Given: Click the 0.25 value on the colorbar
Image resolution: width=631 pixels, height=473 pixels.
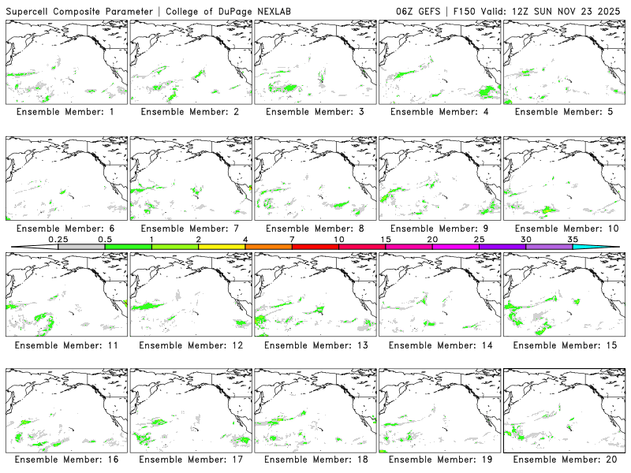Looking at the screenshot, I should [58, 239].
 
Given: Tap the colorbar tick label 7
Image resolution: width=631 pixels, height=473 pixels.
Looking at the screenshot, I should [292, 239].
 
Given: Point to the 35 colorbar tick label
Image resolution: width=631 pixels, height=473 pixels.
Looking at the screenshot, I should [573, 239].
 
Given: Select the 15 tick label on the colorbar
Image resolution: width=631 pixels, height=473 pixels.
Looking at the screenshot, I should [386, 239].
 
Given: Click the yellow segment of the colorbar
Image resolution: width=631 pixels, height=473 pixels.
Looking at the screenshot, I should [222, 247].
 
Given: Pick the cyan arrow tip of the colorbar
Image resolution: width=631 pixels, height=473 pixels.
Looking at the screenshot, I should [607, 247].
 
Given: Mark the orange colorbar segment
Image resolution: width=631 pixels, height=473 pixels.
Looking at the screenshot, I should [268, 247].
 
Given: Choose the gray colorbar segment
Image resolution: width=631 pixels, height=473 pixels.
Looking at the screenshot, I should [81, 247].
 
